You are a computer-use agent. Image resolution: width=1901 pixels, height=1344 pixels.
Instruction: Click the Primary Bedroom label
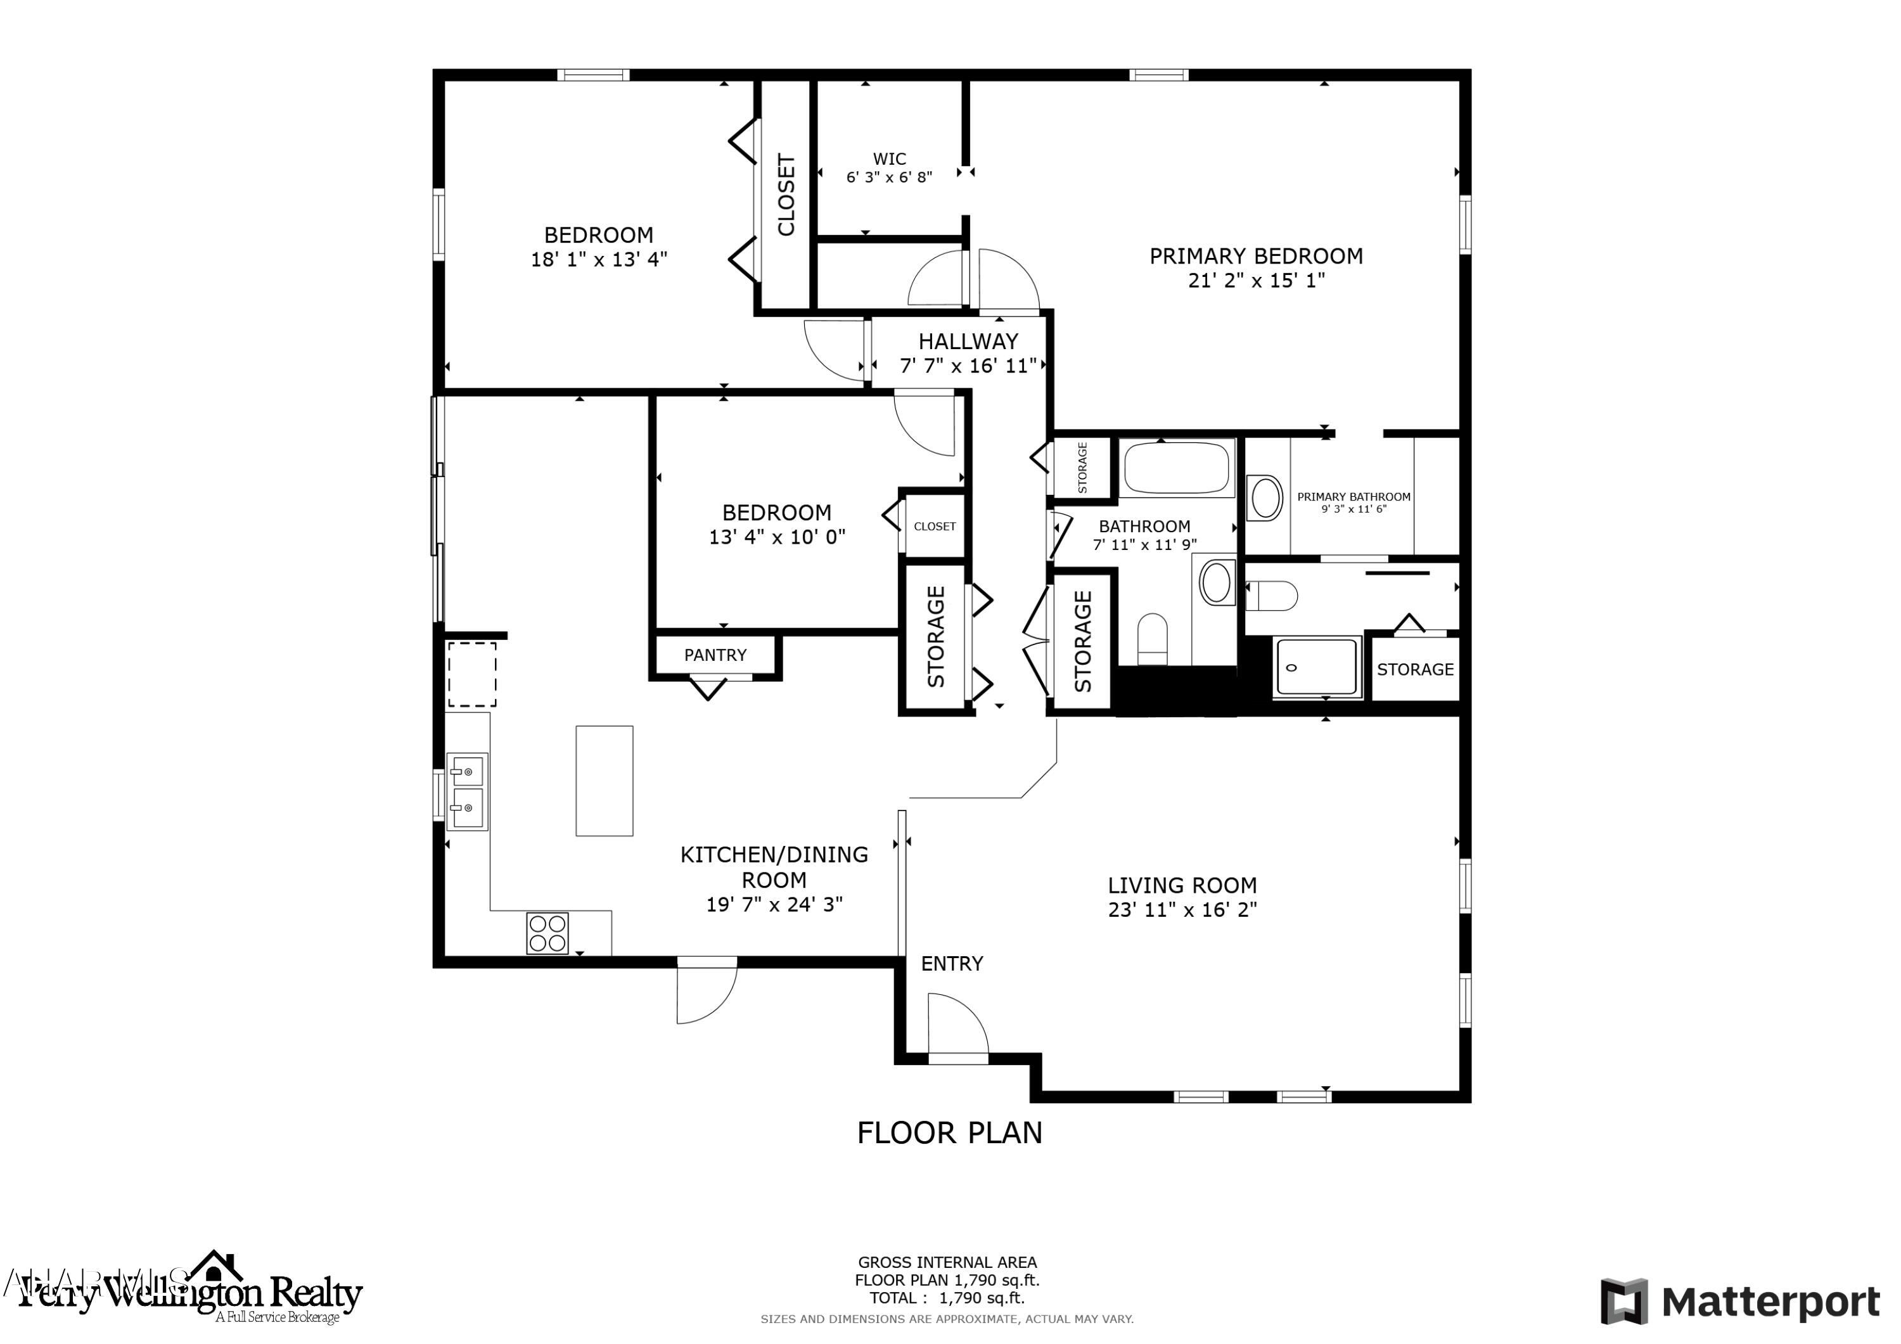(x=1255, y=257)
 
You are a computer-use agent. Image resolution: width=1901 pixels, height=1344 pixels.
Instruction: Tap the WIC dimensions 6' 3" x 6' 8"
(x=888, y=177)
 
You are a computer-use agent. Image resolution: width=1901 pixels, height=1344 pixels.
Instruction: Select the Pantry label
(x=715, y=655)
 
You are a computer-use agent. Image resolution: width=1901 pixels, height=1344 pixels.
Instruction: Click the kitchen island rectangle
(x=605, y=781)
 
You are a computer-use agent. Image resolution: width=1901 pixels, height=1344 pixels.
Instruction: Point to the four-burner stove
(x=547, y=933)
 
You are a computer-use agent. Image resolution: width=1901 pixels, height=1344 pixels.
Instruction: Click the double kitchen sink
(x=467, y=791)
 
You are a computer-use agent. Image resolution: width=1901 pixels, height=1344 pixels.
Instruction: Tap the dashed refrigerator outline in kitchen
(x=472, y=674)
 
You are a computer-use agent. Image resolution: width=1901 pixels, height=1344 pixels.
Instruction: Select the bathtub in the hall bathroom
(x=1177, y=468)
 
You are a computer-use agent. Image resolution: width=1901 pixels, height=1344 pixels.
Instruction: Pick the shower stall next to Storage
(x=1317, y=667)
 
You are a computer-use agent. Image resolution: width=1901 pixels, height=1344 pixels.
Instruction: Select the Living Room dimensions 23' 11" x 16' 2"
(x=1182, y=910)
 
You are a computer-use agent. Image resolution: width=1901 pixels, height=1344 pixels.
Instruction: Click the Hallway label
(x=967, y=341)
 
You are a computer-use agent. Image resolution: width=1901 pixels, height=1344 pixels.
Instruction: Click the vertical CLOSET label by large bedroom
(x=786, y=195)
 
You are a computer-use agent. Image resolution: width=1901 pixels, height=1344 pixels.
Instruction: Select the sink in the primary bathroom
(x=1265, y=497)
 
